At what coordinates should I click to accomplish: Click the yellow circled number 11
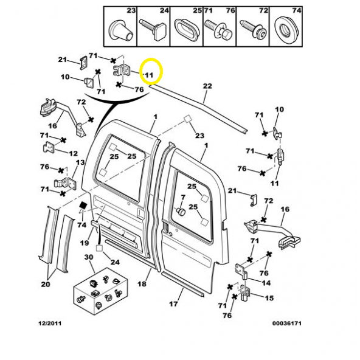149,75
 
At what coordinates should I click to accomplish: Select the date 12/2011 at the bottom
50,324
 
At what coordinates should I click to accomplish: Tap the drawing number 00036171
287,324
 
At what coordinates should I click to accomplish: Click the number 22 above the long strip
207,86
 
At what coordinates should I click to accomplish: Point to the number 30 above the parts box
89,257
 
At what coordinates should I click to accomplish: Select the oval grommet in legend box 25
187,30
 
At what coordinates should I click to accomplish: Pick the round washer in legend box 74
286,29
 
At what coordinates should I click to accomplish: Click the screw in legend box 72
252,29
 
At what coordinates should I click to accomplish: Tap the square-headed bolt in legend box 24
153,29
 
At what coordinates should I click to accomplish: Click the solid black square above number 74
83,206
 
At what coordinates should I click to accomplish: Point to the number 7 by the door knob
183,198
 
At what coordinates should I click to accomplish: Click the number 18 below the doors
142,284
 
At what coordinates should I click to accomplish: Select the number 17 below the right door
173,304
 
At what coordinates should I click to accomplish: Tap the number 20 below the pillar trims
46,284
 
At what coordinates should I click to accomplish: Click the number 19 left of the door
85,243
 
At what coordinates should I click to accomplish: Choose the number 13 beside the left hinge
80,162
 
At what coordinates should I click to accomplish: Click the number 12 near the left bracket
74,153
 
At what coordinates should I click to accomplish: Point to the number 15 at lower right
269,298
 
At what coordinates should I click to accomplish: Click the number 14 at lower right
266,283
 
